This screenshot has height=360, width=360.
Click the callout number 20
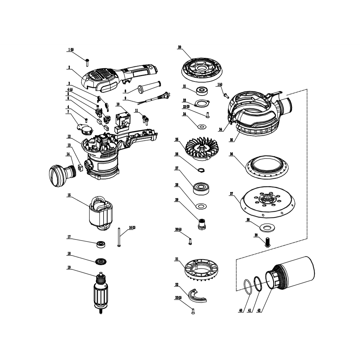click(x=180, y=47)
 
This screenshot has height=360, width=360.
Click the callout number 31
click(x=177, y=259)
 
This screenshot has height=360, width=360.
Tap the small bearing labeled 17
click(x=101, y=244)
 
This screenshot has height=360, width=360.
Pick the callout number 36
click(x=231, y=154)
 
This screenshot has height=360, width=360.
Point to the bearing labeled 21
click(x=202, y=91)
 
